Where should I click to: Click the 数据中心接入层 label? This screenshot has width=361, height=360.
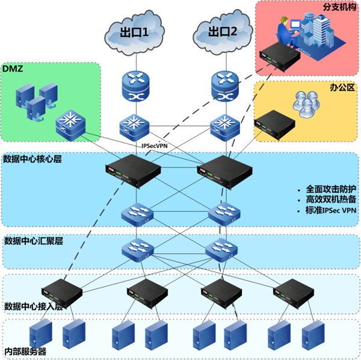click(34, 305)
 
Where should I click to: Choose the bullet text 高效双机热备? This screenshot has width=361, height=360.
click(331, 199)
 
